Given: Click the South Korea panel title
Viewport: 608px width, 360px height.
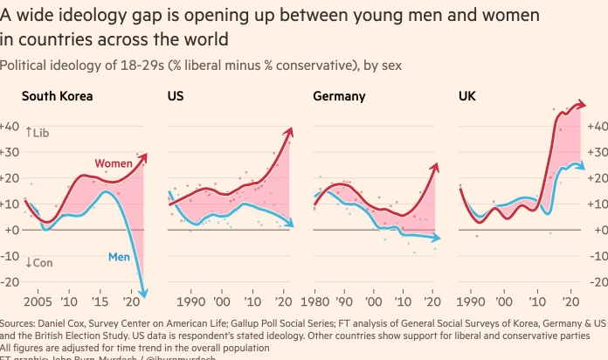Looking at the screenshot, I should click(57, 97).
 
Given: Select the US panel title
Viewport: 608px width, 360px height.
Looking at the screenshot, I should click(175, 97).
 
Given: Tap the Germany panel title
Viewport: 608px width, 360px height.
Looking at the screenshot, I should click(339, 97).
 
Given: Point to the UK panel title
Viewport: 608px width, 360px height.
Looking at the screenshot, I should click(467, 97).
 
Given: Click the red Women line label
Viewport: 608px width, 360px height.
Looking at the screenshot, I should click(114, 163).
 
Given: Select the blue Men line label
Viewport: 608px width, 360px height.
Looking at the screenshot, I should click(120, 257).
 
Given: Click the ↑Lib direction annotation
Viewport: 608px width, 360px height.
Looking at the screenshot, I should click(38, 132).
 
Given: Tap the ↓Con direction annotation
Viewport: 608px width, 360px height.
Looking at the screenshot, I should click(38, 262).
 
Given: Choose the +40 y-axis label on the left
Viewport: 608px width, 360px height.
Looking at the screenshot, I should click(10, 126).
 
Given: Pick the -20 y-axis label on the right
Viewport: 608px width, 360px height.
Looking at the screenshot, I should click(597, 281).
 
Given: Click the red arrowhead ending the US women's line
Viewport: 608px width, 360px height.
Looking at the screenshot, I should click(289, 131).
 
